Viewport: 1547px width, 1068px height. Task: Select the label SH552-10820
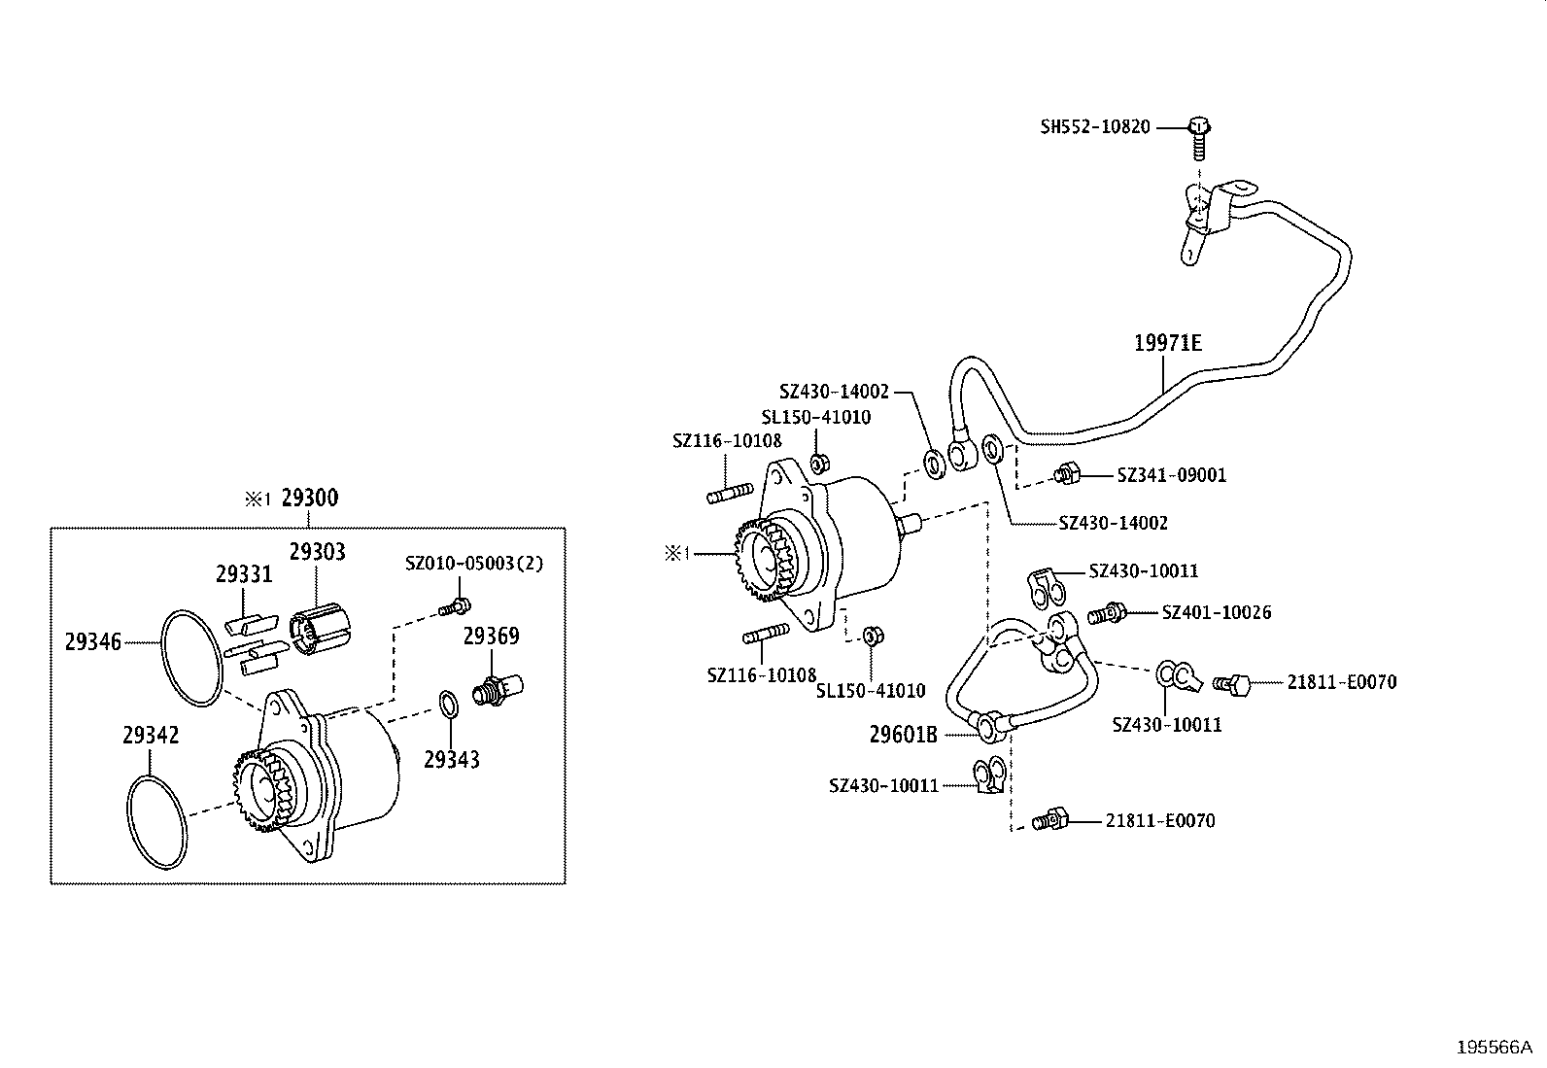[1095, 126]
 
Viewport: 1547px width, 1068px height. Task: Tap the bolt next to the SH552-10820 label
[1199, 136]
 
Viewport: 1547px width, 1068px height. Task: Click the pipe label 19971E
[1168, 343]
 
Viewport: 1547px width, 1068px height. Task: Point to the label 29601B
[903, 735]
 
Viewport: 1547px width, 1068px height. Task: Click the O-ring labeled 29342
[158, 821]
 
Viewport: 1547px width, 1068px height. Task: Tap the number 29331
[244, 574]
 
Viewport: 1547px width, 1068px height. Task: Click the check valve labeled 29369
[495, 690]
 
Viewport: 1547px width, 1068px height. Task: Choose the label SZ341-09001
[1171, 475]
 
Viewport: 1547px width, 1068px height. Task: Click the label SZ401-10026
[1216, 612]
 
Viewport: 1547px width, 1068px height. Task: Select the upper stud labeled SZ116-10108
[730, 494]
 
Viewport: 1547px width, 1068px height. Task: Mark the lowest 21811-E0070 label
[1159, 821]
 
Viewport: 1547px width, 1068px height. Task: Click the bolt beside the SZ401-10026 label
[1107, 614]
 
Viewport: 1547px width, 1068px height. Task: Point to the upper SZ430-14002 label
[834, 392]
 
